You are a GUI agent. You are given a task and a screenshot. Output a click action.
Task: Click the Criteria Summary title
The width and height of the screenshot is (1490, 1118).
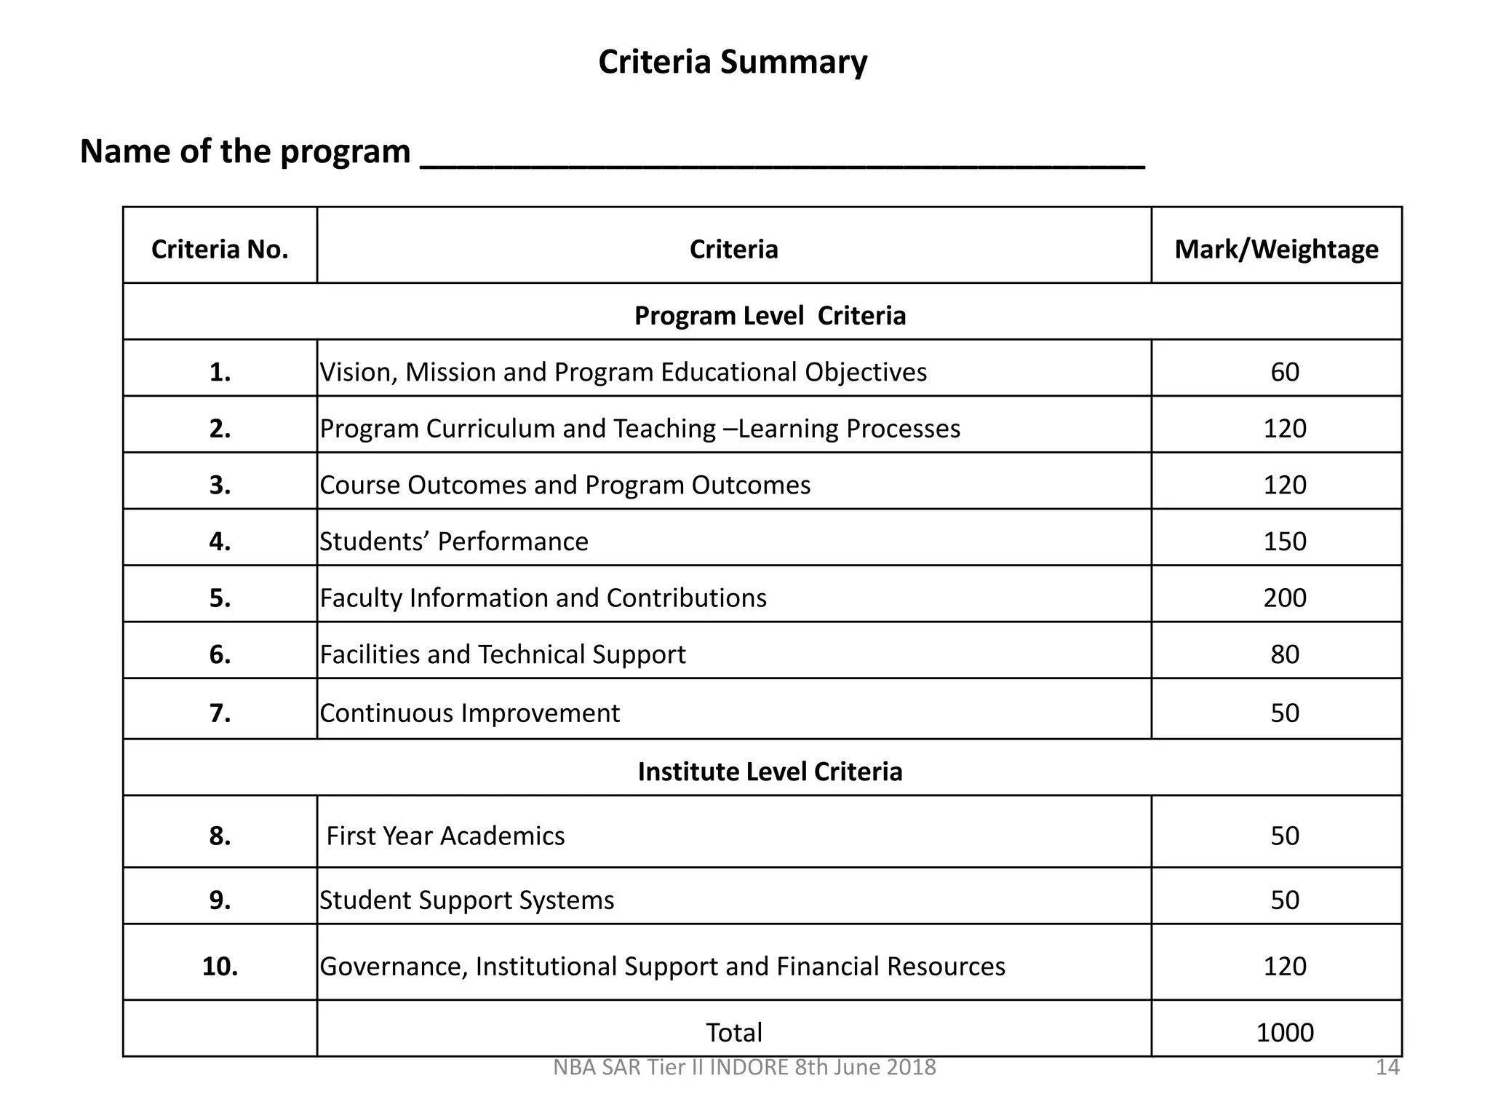(x=733, y=63)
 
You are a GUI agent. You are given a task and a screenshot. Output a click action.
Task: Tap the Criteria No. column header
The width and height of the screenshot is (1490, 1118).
(x=220, y=250)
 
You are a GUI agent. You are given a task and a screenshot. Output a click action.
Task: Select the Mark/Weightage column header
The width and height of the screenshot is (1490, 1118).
(x=1276, y=250)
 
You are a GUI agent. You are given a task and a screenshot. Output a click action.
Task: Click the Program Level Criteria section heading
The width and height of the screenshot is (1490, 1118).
(x=770, y=316)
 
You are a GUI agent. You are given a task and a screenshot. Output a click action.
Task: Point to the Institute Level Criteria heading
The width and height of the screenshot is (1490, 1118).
(x=770, y=772)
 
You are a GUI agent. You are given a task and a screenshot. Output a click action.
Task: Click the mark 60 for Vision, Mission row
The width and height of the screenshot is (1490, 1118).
(x=1285, y=372)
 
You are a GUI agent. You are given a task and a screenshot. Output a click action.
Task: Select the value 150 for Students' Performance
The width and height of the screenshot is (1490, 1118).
(x=1285, y=542)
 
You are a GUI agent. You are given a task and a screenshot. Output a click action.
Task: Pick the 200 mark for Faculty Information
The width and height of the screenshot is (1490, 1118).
(x=1285, y=598)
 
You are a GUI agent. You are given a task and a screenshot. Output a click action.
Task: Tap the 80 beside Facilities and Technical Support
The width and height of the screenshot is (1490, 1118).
(x=1285, y=654)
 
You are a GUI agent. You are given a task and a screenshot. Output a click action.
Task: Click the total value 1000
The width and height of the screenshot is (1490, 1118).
(x=1285, y=1033)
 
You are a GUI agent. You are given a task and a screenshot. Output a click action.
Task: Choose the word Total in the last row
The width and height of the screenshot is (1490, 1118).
(x=733, y=1033)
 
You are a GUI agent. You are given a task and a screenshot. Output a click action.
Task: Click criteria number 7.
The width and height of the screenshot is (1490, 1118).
(x=220, y=713)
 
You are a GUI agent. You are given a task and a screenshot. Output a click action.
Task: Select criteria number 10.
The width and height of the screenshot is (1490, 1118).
(x=220, y=967)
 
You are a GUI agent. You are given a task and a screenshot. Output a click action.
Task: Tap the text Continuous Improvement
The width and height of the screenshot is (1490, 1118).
(x=470, y=713)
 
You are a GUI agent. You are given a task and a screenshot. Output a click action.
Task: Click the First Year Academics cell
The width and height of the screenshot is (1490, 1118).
(x=445, y=836)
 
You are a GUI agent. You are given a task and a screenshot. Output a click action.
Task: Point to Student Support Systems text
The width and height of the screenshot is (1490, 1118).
(x=467, y=900)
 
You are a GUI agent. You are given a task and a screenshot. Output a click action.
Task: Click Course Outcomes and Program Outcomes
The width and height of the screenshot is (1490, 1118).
(x=565, y=485)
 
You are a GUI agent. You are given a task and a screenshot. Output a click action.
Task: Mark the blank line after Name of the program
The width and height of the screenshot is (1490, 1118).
(x=782, y=160)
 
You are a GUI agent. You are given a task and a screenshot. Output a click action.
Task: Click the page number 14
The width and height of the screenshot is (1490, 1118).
(x=1387, y=1068)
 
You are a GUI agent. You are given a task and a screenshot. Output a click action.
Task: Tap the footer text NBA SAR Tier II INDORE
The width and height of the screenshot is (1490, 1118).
(x=744, y=1068)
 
